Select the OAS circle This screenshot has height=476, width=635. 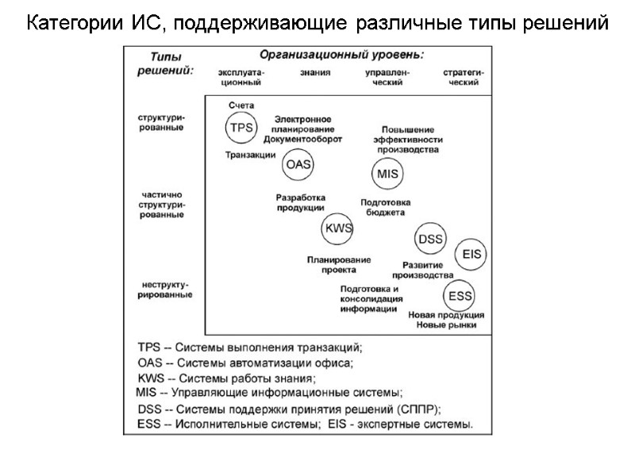tap(298, 164)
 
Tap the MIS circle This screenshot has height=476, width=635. tap(387, 173)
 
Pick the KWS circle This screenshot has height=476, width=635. tap(337, 229)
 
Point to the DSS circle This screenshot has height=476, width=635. tap(430, 239)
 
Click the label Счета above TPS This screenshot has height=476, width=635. tap(241, 106)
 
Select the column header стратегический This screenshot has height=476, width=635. tap(465, 77)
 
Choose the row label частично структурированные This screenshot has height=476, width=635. tap(163, 205)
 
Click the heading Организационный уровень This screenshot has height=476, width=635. tap(342, 55)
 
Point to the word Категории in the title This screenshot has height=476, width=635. tap(72, 22)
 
